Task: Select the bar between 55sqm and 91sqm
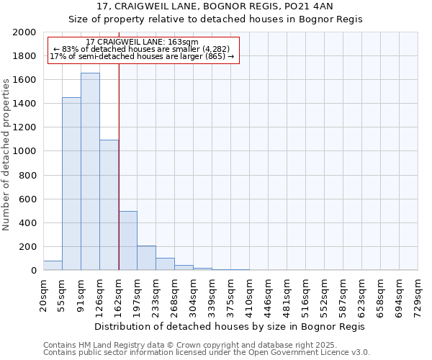coord(71,184)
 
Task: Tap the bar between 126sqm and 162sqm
coord(109,205)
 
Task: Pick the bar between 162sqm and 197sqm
coord(127,240)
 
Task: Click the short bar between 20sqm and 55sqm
coord(53,266)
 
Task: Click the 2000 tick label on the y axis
coord(24,32)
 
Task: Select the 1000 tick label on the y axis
coord(24,151)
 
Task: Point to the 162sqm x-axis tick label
coord(119,294)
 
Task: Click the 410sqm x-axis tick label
coord(250,294)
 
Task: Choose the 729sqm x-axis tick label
coord(418,294)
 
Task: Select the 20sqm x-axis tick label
coord(44,294)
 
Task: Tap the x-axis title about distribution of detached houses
coord(230,326)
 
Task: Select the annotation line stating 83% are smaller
coord(141,49)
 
